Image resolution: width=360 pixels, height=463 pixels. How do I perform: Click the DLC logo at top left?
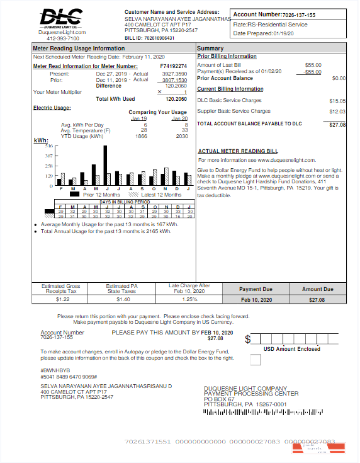(x=62, y=18)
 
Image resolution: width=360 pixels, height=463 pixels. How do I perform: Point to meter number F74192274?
(x=173, y=66)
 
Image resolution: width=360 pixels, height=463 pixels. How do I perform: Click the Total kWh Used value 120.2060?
(x=176, y=99)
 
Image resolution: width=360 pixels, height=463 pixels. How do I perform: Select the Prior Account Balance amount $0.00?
(x=339, y=78)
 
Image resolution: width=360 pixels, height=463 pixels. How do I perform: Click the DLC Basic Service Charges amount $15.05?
(x=337, y=101)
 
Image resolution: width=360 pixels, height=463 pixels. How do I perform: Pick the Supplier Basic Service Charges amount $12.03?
(x=337, y=111)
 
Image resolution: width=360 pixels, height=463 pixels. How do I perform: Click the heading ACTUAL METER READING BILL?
(x=238, y=151)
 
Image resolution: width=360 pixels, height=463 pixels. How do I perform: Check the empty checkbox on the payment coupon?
(x=255, y=360)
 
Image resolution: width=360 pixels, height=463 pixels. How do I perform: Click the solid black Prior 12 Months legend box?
(x=74, y=195)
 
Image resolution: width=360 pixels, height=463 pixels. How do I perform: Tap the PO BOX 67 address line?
(x=220, y=399)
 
